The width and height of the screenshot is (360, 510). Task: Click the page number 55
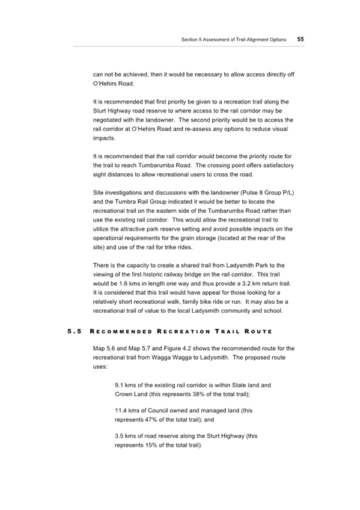click(x=301, y=39)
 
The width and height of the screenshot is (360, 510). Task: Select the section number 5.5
click(x=75, y=331)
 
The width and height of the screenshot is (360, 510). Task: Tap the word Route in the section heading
click(x=258, y=331)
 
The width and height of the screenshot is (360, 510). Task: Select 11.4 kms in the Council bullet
click(x=126, y=411)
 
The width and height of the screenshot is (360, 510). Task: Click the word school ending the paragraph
click(x=273, y=310)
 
